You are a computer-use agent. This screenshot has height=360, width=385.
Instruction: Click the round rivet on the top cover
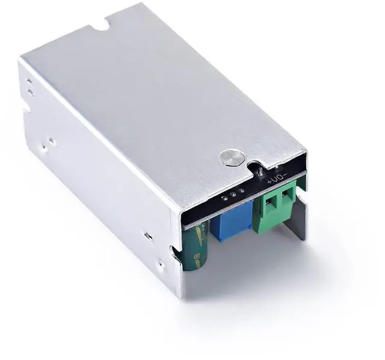pyautogui.click(x=232, y=157)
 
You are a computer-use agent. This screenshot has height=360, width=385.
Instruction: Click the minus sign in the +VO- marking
pyautogui.click(x=285, y=174)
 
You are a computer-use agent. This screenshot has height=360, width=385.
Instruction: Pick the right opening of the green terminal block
pyautogui.click(x=283, y=196)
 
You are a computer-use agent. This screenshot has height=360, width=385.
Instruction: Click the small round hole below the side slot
pyautogui.click(x=160, y=263)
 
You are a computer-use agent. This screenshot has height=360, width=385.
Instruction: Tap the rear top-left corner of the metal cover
pyautogui.click(x=22, y=58)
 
